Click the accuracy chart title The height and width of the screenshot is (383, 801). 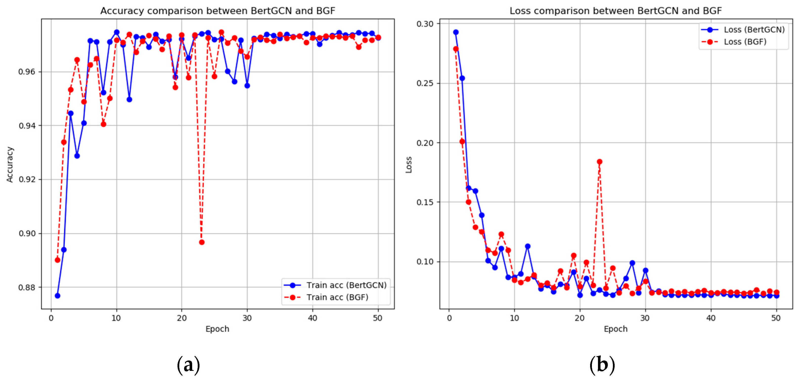(218, 11)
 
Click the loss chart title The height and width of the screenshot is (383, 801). (615, 11)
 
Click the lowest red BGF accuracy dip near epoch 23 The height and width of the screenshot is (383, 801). (202, 242)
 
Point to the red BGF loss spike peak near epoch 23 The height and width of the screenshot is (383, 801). (599, 162)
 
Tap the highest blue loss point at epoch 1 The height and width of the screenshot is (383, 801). (456, 32)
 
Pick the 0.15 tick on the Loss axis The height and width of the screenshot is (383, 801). (425, 202)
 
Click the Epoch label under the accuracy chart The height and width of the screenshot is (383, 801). (217, 329)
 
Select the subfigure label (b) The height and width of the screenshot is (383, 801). (602, 365)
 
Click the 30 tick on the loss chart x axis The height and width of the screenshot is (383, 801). (645, 318)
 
